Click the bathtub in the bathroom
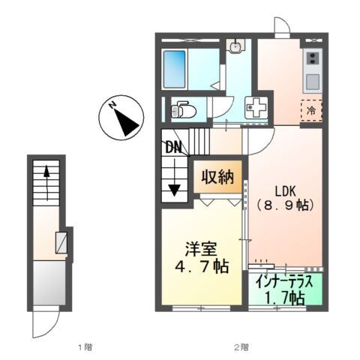[175, 69]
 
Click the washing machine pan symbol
[256, 107]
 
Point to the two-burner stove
[313, 59]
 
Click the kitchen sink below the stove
[313, 82]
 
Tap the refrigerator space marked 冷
[311, 110]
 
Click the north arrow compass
[121, 117]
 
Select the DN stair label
[173, 148]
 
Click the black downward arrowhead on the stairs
[175, 190]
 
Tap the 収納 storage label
[217, 177]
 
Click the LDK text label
[286, 191]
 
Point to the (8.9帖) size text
[286, 205]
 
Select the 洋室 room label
[201, 249]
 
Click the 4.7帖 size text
[202, 266]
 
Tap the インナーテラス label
[284, 282]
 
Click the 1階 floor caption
[85, 347]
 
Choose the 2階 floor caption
[241, 347]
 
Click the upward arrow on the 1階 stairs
[46, 183]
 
